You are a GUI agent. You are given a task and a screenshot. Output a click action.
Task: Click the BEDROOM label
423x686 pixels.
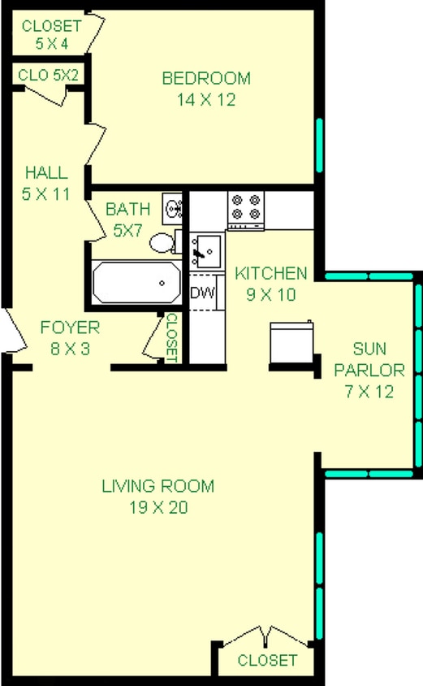tap(206, 79)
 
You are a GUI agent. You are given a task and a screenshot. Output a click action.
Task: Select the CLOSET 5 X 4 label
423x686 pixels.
tap(45, 33)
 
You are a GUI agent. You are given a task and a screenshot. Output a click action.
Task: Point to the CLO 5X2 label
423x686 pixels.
tap(47, 76)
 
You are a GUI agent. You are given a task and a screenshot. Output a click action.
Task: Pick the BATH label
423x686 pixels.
tap(127, 210)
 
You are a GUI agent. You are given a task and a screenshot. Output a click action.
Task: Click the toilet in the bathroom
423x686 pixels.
tap(165, 241)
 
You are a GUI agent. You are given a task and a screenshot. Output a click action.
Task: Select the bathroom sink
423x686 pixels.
tap(172, 209)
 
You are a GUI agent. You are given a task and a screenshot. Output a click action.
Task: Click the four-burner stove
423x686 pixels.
tap(246, 209)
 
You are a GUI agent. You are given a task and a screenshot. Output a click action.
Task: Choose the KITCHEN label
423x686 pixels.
tap(270, 273)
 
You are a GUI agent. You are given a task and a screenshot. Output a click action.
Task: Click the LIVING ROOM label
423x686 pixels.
tap(158, 487)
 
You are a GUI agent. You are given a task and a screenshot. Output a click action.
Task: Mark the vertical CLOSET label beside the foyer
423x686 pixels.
tap(172, 337)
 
